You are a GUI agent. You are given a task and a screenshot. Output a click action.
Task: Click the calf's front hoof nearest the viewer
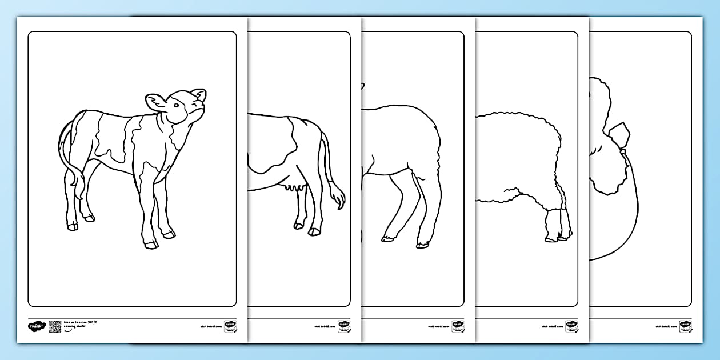click(x=151, y=245)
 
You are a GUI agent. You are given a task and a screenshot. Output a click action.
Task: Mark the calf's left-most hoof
click(x=73, y=227)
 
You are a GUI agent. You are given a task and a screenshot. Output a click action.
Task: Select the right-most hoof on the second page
click(x=314, y=231)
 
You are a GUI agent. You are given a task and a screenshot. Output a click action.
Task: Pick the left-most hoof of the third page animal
click(x=387, y=238)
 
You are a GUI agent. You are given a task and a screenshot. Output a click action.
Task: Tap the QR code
click(x=55, y=326)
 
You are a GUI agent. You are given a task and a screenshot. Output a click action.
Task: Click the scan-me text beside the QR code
click(x=79, y=324)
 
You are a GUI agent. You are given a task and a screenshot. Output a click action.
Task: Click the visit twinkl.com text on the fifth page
click(x=665, y=327)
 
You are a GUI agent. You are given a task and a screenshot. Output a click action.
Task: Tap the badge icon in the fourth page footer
click(x=571, y=326)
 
